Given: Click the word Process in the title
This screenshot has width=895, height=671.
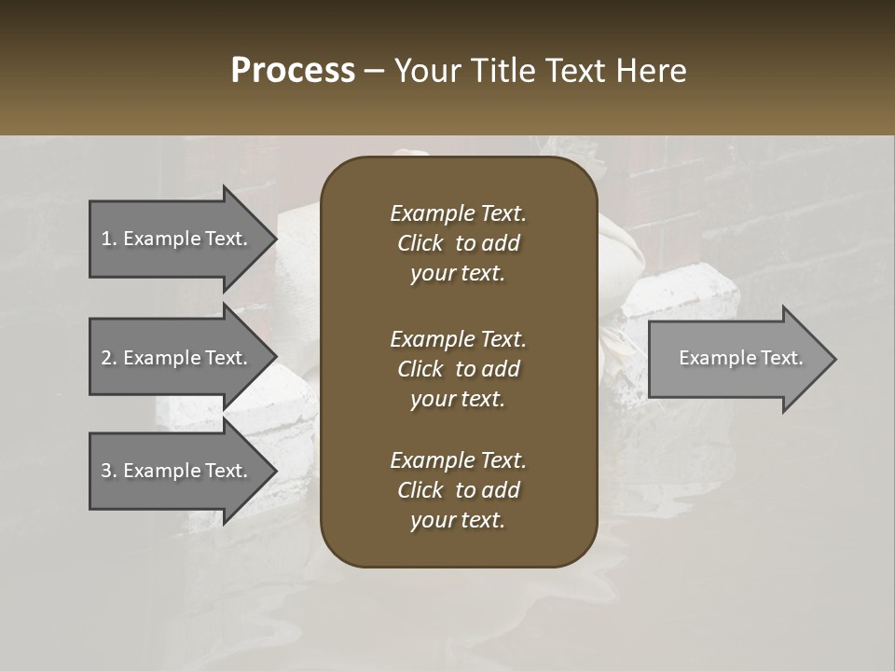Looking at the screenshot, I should point(293,71).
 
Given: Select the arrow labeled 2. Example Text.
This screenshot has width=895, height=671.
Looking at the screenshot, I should point(177,357).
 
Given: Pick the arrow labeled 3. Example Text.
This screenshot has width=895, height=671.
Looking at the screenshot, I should point(177,471).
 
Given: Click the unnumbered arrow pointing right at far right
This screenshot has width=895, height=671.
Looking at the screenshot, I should point(737,358).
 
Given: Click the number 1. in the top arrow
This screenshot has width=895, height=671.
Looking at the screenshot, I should point(109,239).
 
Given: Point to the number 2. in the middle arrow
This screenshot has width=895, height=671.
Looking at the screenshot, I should point(109,358).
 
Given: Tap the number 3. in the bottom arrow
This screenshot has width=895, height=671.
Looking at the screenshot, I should point(109,471).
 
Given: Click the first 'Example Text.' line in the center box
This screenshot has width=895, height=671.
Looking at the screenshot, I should point(458,213).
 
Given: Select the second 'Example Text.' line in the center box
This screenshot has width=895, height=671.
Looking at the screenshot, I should point(458,339).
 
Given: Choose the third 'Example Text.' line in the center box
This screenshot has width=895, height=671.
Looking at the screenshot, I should point(458,460).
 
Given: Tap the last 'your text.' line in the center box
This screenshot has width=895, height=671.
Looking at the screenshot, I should point(458,521).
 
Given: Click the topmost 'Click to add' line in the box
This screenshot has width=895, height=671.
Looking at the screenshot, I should point(458,243).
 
